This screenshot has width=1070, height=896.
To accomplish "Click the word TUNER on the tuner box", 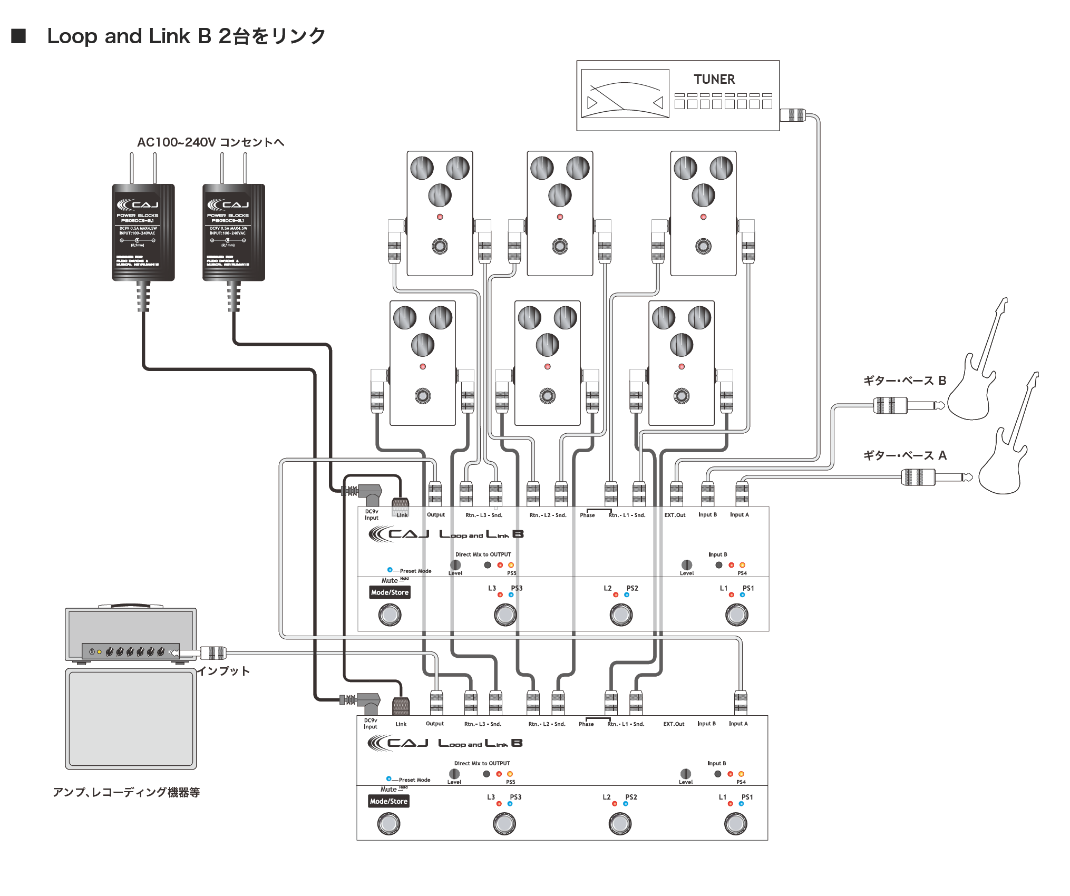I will point(714,80).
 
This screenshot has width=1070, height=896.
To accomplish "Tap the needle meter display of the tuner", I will point(625,94).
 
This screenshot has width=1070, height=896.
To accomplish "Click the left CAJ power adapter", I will point(143,232).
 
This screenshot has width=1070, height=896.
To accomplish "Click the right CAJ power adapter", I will point(234,232).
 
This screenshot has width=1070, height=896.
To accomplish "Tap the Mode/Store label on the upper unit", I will point(390,592).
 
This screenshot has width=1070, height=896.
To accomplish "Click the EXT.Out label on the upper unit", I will point(675,515).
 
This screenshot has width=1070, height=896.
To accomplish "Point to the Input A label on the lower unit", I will point(738,724).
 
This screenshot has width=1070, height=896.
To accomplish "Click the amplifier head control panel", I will point(131,651).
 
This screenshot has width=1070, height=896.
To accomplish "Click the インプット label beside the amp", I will point(223,671).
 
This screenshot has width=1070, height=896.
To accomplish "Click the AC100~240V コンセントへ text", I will point(210,142).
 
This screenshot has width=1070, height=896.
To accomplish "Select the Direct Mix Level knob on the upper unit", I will point(455,564).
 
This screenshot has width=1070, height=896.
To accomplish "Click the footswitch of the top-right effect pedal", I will point(703,246).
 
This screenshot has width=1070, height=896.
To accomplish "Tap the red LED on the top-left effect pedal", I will point(440,217).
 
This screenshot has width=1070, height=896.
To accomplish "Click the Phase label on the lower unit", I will point(586,724).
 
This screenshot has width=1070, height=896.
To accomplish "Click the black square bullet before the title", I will point(18,36).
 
